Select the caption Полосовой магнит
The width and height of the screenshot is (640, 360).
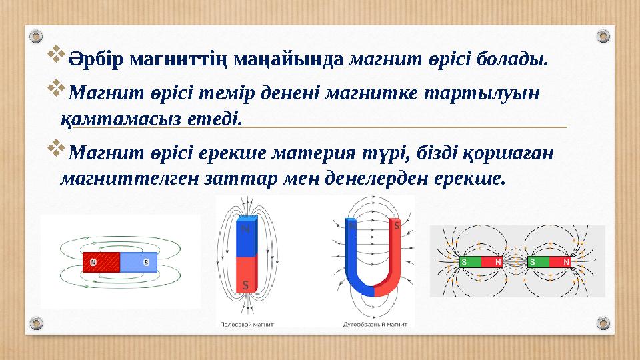[247, 324]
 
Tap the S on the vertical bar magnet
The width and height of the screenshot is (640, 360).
[245, 285]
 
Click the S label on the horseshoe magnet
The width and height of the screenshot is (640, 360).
[396, 226]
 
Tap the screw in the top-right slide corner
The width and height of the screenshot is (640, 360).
[602, 35]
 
